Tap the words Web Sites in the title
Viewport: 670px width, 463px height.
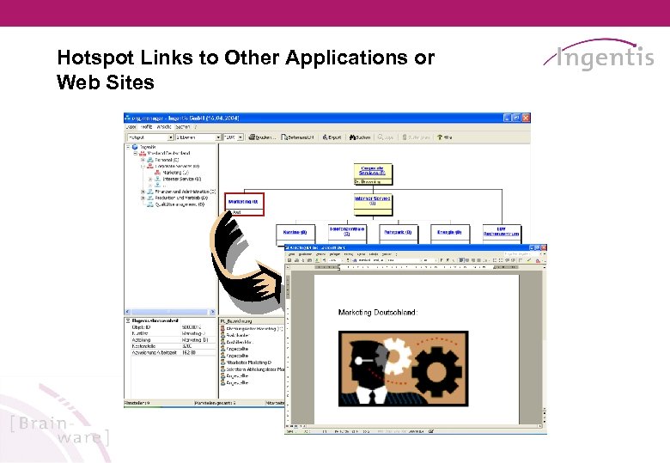[105, 83]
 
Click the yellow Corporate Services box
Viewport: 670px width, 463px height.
[372, 171]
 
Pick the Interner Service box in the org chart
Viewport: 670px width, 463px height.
[372, 201]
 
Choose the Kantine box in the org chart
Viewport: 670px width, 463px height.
[295, 232]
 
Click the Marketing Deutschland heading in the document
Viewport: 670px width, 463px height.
[377, 313]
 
